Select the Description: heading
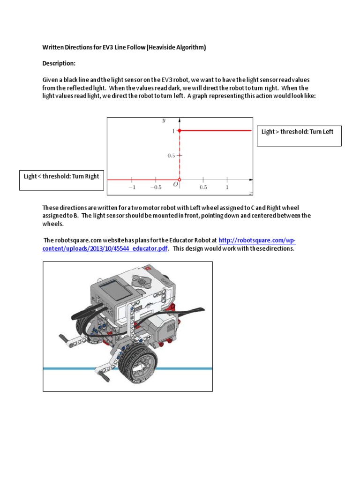(x=59, y=63)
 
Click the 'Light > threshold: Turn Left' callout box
(x=299, y=135)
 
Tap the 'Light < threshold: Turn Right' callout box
(x=61, y=180)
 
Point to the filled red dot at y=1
(x=179, y=131)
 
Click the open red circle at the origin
(x=179, y=179)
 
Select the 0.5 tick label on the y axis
(x=171, y=156)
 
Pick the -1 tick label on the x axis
(x=132, y=187)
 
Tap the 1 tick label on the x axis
(x=227, y=187)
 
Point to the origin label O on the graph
(x=175, y=185)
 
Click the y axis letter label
(x=164, y=121)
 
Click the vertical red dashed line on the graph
(x=179, y=155)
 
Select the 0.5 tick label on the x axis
(x=203, y=187)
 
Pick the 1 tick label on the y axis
(x=172, y=131)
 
